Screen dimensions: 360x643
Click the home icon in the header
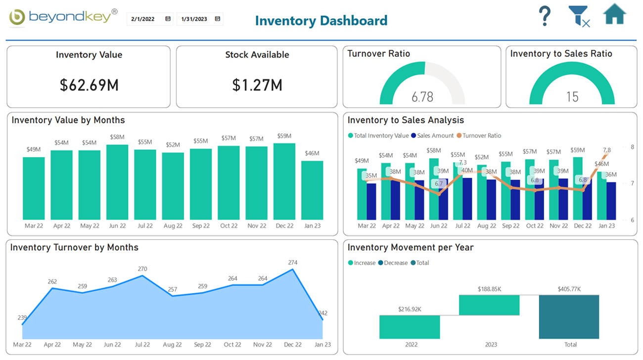(614, 14)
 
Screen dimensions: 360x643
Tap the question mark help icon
(545, 16)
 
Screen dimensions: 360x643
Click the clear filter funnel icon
(579, 16)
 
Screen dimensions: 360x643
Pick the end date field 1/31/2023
(200, 19)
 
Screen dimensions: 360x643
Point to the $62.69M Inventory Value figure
(89, 85)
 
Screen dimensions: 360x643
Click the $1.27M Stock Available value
(257, 85)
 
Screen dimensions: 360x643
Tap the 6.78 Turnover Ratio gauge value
(422, 96)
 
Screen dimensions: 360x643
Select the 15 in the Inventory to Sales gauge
(572, 96)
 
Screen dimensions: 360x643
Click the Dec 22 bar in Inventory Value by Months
(284, 181)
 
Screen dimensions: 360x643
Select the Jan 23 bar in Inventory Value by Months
(312, 190)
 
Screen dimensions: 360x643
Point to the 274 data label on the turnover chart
(293, 262)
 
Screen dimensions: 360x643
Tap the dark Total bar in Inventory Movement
(569, 317)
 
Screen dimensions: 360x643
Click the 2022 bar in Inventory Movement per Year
(410, 327)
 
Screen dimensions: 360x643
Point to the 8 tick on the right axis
(632, 147)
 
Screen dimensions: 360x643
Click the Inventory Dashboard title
(321, 20)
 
